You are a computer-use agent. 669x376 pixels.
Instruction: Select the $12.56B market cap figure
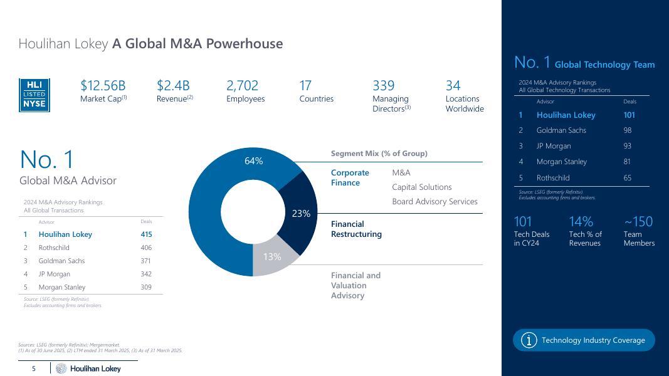(x=103, y=86)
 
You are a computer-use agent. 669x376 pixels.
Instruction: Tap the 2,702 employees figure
(x=242, y=86)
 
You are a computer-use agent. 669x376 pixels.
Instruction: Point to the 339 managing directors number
(x=384, y=86)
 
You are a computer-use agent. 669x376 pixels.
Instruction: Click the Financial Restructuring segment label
(x=356, y=229)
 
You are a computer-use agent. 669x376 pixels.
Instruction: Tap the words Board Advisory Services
(x=435, y=202)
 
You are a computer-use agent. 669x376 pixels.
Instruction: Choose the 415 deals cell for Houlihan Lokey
(x=146, y=234)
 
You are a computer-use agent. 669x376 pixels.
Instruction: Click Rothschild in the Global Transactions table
(x=53, y=248)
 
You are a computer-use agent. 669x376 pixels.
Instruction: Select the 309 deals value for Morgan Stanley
(x=146, y=287)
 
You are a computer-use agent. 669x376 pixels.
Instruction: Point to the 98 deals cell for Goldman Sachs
(x=628, y=130)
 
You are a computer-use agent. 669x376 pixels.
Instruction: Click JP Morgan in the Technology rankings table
(x=554, y=146)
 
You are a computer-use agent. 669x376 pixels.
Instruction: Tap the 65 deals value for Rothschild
(x=628, y=177)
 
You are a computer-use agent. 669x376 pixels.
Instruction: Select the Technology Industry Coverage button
(x=584, y=340)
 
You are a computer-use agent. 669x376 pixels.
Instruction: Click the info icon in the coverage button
(x=530, y=340)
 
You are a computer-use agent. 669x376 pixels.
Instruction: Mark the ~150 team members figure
(x=638, y=222)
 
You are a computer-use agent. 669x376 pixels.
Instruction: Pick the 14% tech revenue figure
(x=581, y=222)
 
